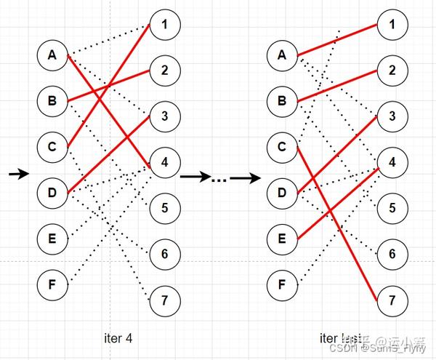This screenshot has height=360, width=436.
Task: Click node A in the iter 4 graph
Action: (x=52, y=55)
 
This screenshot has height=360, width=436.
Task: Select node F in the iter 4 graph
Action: (x=52, y=284)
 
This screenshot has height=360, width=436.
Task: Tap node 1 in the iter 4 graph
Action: (x=165, y=25)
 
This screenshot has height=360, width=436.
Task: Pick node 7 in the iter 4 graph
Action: (x=165, y=300)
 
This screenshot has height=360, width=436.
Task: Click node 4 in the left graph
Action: (x=165, y=162)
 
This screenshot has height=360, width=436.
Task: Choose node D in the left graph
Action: (x=52, y=193)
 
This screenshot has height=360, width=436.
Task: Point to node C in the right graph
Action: (x=281, y=147)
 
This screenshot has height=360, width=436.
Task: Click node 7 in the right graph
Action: (x=392, y=300)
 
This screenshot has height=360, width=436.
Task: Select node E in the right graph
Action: (x=281, y=239)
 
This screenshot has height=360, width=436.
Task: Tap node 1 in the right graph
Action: (x=392, y=25)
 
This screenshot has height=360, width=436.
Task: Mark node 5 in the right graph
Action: (x=392, y=208)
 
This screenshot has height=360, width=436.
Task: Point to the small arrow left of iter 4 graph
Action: (x=19, y=174)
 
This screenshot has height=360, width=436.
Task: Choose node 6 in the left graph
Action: (x=165, y=254)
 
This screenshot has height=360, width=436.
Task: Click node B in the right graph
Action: (x=281, y=100)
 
